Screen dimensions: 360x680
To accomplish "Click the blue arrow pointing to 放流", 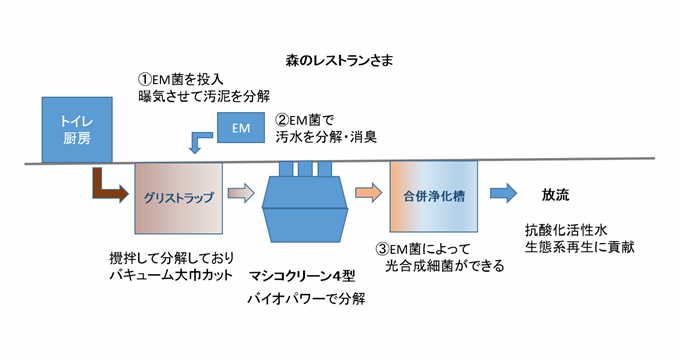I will [505, 193].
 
